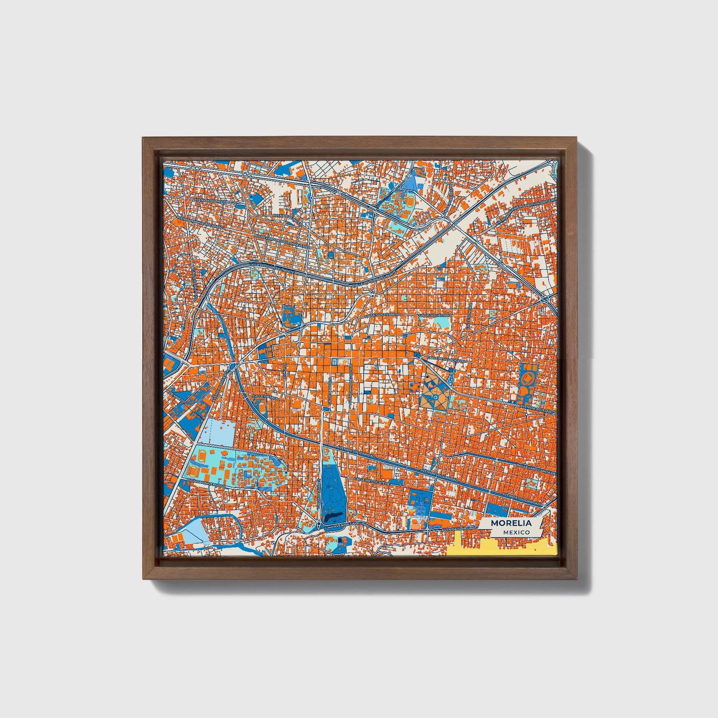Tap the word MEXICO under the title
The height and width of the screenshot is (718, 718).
515,532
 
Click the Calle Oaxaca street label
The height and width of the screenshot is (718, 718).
263,397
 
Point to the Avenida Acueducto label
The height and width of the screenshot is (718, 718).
537,409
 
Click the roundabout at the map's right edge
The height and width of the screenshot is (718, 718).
547,299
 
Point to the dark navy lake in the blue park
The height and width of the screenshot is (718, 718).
333,516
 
